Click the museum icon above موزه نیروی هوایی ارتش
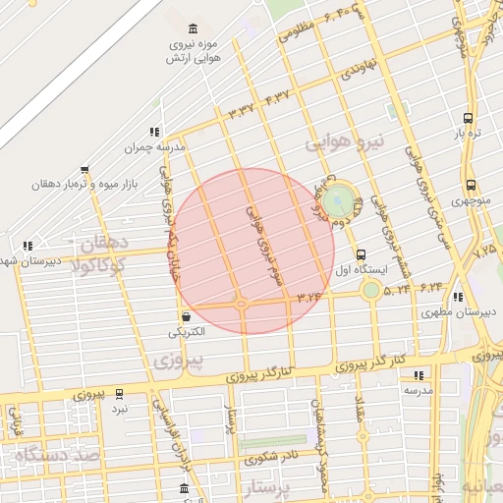[x=191, y=28]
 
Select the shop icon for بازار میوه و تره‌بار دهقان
[x=84, y=169]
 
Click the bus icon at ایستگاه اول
[x=361, y=252]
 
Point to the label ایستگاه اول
[x=362, y=268]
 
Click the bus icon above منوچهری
[x=471, y=184]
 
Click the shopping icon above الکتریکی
[x=186, y=317]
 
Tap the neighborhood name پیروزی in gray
[x=179, y=361]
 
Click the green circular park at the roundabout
[x=340, y=201]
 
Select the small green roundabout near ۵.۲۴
[x=370, y=289]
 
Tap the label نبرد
[x=119, y=407]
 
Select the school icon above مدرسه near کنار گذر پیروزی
[x=419, y=375]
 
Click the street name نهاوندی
[x=358, y=70]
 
